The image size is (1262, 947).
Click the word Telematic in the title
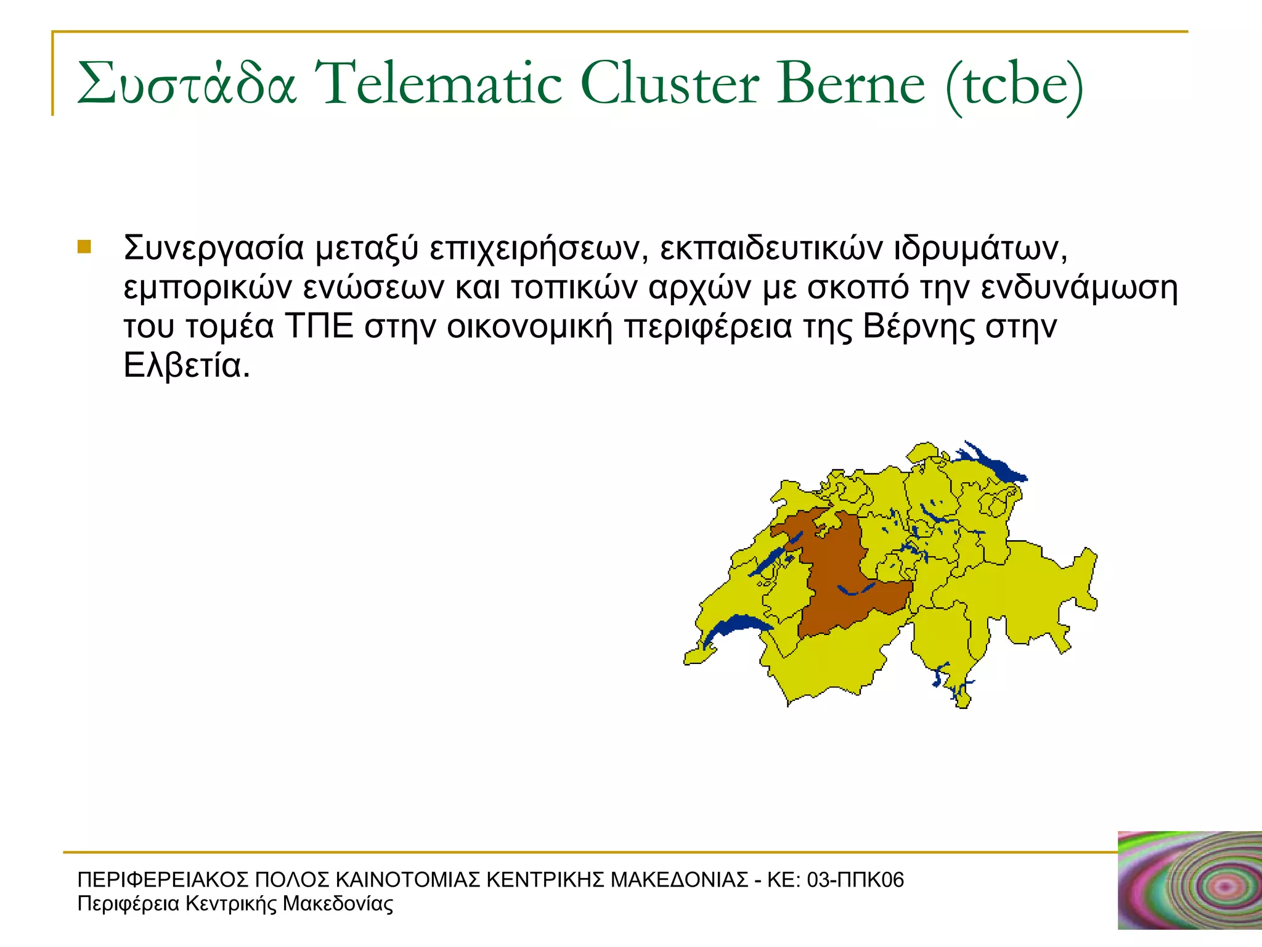click(439, 84)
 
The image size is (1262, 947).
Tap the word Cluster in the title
click(669, 84)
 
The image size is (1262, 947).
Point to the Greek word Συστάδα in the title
click(187, 84)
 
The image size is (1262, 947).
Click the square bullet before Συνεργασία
click(84, 247)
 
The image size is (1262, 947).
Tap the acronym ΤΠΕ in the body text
click(319, 326)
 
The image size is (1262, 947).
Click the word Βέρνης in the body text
click(919, 327)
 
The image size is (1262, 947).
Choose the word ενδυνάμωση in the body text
click(1079, 287)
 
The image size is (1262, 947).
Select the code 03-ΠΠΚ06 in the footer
click(855, 880)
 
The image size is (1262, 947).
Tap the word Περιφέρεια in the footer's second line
click(129, 904)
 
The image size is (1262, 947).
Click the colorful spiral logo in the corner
click(1189, 880)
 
